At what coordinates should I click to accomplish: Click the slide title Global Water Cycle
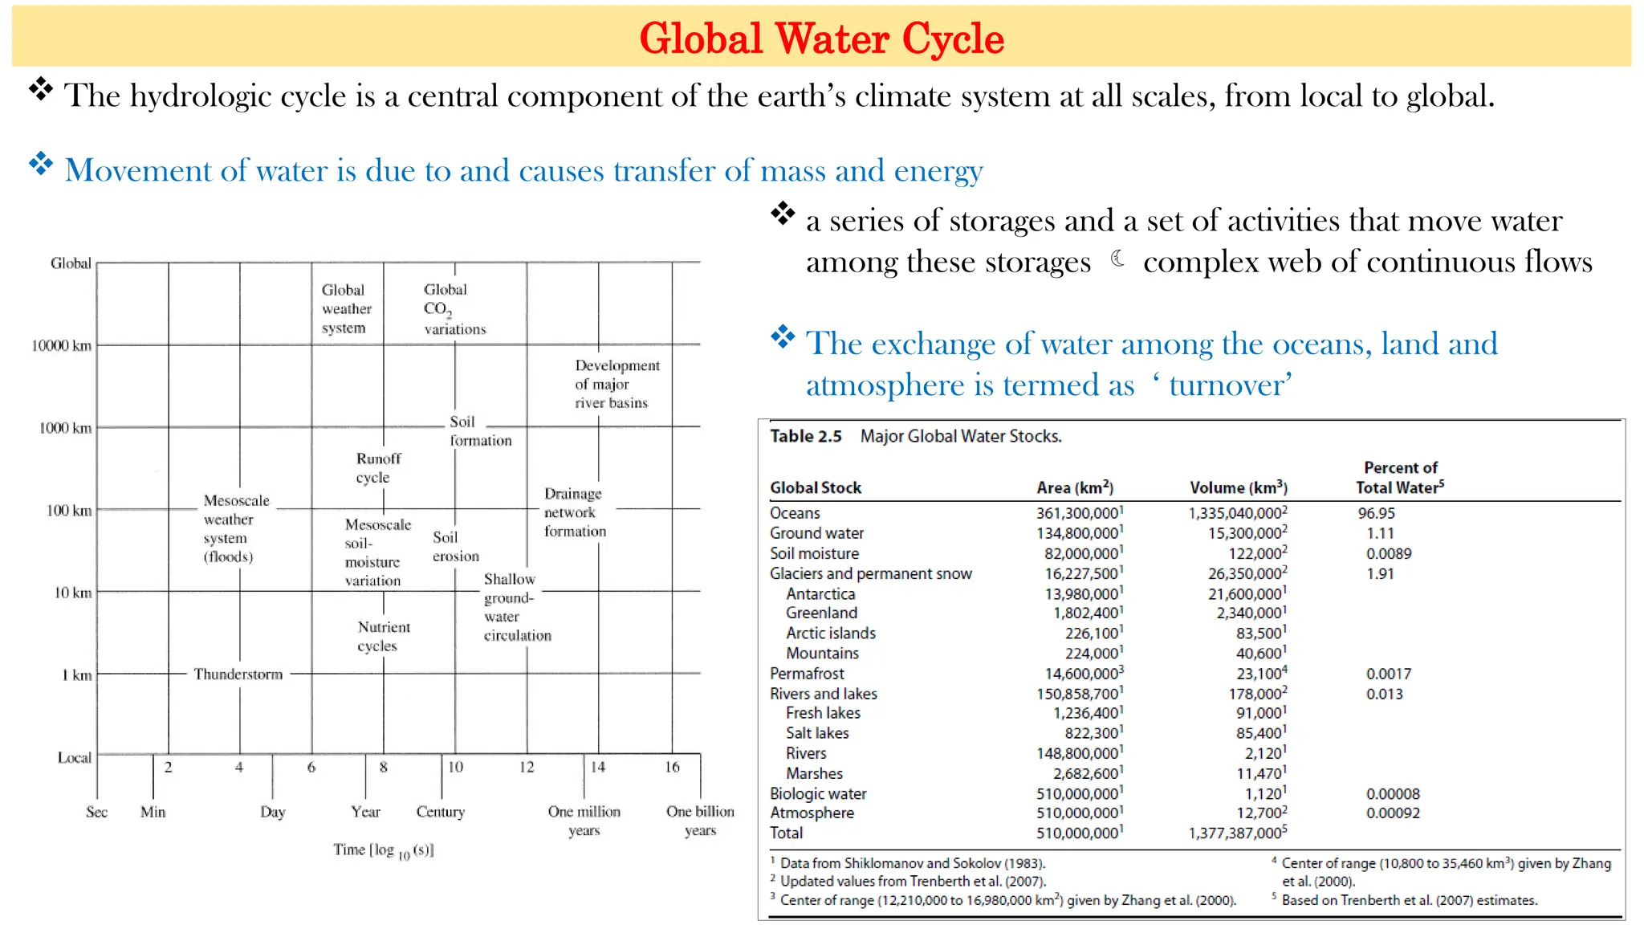coord(821,38)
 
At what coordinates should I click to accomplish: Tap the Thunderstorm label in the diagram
coord(238,674)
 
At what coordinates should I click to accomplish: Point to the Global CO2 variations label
coord(454,309)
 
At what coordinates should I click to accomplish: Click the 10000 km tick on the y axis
coord(61,345)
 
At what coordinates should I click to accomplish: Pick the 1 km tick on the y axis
coord(76,675)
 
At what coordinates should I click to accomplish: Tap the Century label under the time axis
coord(440,812)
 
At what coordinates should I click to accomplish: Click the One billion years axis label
coord(700,821)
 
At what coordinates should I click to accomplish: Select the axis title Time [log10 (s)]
coord(383,850)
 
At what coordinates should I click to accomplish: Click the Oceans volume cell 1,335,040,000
coord(1236,513)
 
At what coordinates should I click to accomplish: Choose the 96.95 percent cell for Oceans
coord(1376,513)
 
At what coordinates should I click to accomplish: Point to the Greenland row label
coord(821,613)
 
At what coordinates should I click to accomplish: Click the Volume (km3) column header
coord(1238,487)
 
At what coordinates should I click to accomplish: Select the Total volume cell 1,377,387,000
coord(1236,833)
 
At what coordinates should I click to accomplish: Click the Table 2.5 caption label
coord(805,436)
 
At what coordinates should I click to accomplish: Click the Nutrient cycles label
coord(383,636)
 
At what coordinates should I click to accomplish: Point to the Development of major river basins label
coord(616,384)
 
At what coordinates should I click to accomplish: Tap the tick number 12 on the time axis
coord(527,767)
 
